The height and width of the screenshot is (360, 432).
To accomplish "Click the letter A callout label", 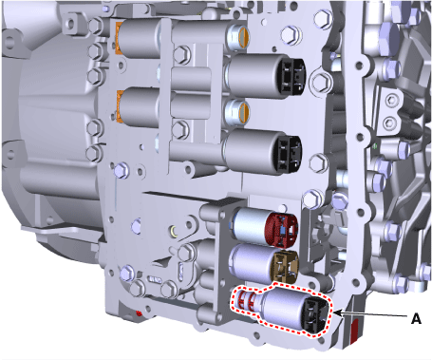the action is click(416, 318).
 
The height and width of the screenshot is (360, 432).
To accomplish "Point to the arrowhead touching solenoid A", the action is click(337, 313).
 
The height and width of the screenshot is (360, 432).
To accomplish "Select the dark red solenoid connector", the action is click(282, 230).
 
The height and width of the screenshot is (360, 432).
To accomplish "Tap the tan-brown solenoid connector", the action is click(286, 267).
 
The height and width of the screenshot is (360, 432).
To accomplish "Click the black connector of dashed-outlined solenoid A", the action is click(316, 315).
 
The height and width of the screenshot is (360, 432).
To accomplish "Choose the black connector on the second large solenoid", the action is click(289, 155).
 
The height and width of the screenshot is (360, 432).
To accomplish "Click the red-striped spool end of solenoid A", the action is click(246, 302).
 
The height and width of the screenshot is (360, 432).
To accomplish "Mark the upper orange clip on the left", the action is click(119, 38).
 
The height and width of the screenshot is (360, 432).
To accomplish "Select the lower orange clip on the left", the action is click(120, 106).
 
